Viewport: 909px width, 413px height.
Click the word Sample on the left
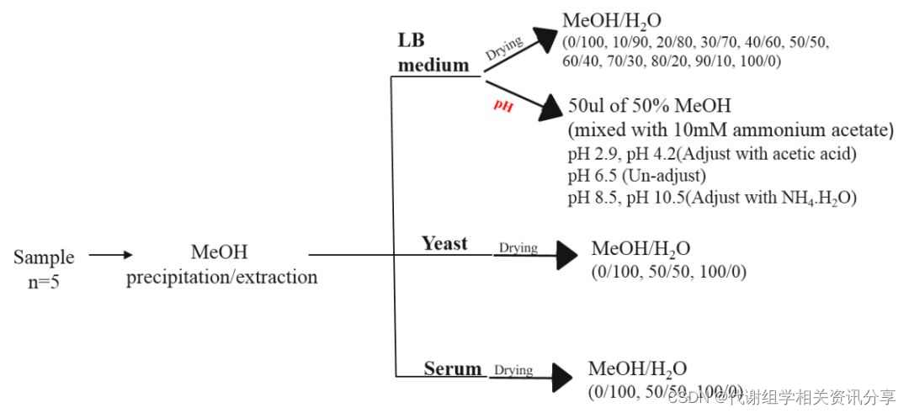pyautogui.click(x=44, y=257)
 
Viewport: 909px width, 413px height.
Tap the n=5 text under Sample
pyautogui.click(x=44, y=281)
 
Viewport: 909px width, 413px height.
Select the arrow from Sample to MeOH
pyautogui.click(x=111, y=254)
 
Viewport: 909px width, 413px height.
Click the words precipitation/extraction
pyautogui.click(x=221, y=277)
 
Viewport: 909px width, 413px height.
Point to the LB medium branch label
pyautogui.click(x=433, y=52)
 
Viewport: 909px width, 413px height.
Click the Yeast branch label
pyautogui.click(x=444, y=243)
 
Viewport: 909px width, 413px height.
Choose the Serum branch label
pyautogui.click(x=453, y=368)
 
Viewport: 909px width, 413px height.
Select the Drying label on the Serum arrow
pyautogui.click(x=513, y=370)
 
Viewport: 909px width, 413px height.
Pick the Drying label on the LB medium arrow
pyautogui.click(x=503, y=48)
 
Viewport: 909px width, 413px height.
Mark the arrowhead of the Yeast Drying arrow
pyautogui.click(x=567, y=256)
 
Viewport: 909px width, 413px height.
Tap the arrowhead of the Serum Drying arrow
pyautogui.click(x=562, y=378)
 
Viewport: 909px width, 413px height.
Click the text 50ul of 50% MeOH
pyautogui.click(x=650, y=107)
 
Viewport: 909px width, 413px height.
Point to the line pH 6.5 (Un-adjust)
pyautogui.click(x=635, y=177)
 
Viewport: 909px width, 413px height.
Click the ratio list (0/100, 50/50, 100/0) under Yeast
pyautogui.click(x=669, y=272)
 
